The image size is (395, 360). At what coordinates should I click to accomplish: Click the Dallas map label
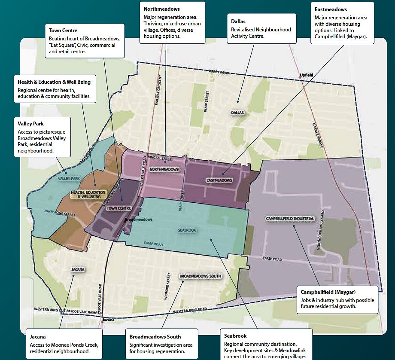click(237, 113)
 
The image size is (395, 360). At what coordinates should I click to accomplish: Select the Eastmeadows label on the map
click(219, 180)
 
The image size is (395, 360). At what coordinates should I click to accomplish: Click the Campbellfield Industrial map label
click(290, 219)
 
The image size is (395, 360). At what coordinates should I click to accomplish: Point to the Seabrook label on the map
click(187, 230)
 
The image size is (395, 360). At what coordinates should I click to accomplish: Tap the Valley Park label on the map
click(70, 178)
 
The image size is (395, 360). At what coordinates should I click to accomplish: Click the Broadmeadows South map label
click(197, 276)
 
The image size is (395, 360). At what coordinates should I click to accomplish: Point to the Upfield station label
click(307, 75)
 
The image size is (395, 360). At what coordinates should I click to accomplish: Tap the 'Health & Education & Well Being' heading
click(54, 82)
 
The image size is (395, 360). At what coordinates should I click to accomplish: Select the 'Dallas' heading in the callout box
click(238, 21)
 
